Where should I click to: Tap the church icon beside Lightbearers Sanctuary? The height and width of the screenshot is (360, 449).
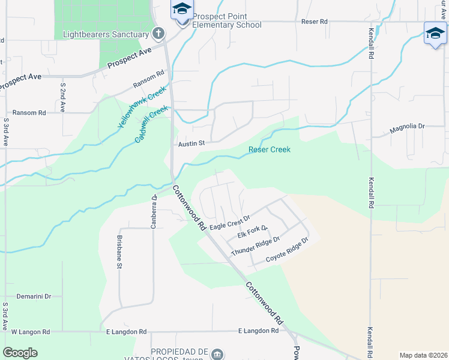tap(158, 32)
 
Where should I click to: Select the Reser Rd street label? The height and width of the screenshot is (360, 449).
tap(315, 22)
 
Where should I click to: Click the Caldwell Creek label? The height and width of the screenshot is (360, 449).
tap(151, 124)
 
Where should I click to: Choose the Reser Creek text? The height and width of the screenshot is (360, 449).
tap(270, 149)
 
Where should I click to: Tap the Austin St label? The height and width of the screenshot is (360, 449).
tap(191, 143)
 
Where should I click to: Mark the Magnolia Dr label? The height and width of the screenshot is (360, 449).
tap(407, 127)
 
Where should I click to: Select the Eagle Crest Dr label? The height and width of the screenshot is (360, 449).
tap(229, 222)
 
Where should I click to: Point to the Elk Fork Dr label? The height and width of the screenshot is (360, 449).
tap(252, 232)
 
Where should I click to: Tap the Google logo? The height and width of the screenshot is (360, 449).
tap(20, 352)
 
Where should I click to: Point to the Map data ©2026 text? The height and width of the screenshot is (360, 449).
tap(423, 355)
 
